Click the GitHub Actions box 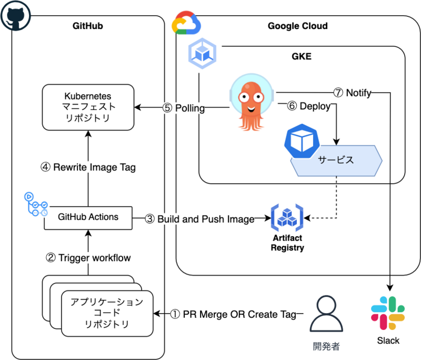click(88, 217)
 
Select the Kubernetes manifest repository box click(87, 108)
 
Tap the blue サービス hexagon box click(336, 161)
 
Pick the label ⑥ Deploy click(308, 106)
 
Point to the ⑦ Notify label click(352, 93)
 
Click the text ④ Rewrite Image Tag click(88, 167)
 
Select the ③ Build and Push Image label click(200, 218)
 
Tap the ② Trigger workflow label click(88, 258)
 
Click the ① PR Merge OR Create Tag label click(231, 314)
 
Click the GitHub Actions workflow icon click(36, 204)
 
